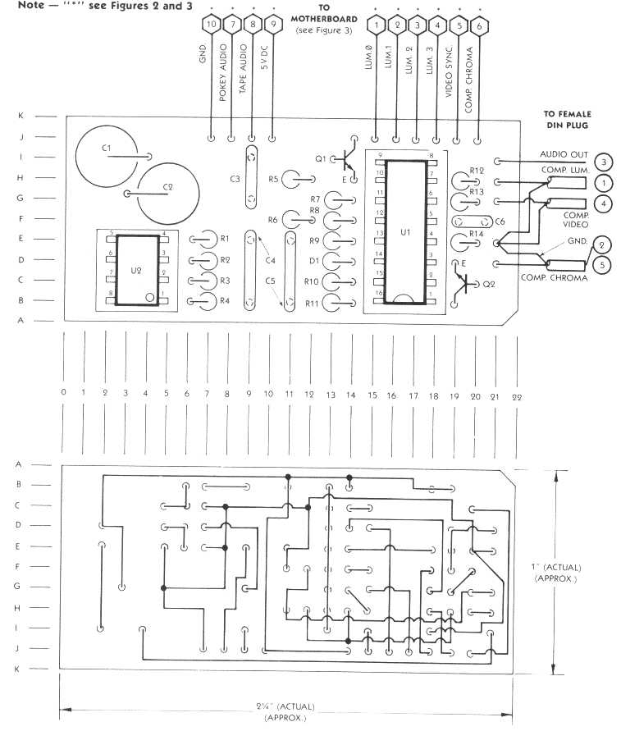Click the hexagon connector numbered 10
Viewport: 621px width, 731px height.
pyautogui.click(x=212, y=25)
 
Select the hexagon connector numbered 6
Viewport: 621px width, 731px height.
pyautogui.click(x=479, y=25)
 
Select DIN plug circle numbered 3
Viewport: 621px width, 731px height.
pyautogui.click(x=603, y=162)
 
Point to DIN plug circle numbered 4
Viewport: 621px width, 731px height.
pyautogui.click(x=603, y=203)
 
